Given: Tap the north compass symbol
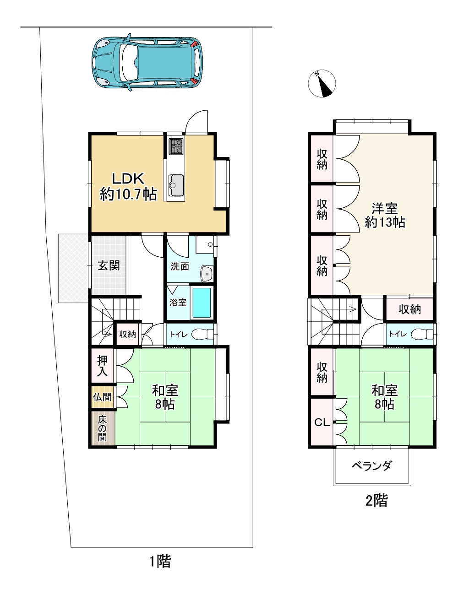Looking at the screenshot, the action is pyautogui.click(x=322, y=83).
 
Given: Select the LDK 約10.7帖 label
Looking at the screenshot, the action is pyautogui.click(x=128, y=187).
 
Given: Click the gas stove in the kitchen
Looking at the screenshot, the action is pyautogui.click(x=176, y=146).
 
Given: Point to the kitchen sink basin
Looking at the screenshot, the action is pyautogui.click(x=176, y=185).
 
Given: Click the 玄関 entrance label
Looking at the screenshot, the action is pyautogui.click(x=109, y=265).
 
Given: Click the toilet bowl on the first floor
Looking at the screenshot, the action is pyautogui.click(x=202, y=334).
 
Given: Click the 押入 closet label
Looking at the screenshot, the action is pyautogui.click(x=102, y=366).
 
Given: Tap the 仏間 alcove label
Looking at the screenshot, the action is pyautogui.click(x=102, y=396).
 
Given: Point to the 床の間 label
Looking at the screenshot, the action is pyautogui.click(x=102, y=428).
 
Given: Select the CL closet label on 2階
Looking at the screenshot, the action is pyautogui.click(x=322, y=423).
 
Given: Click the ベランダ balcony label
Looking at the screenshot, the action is pyautogui.click(x=372, y=465).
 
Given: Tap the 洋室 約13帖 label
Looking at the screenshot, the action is pyautogui.click(x=385, y=216).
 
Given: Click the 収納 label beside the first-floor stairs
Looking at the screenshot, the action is pyautogui.click(x=127, y=334).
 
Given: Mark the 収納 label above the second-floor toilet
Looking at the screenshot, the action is pyautogui.click(x=409, y=310).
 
